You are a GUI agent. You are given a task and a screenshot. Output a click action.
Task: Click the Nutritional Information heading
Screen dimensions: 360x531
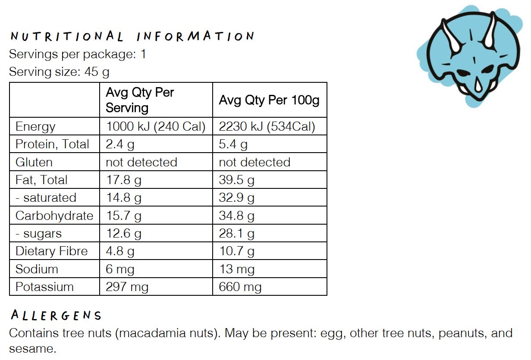132,36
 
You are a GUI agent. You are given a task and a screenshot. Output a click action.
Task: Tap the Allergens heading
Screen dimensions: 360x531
56,316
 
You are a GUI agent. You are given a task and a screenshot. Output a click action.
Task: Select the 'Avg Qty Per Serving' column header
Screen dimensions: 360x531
140,100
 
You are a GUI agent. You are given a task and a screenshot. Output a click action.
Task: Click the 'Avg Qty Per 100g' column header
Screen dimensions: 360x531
269,100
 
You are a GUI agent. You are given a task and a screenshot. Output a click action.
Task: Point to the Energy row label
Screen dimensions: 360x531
35,127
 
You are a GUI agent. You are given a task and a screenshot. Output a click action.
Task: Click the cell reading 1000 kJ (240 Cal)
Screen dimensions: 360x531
155,127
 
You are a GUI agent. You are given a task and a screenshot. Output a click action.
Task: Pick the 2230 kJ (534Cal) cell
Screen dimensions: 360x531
267,127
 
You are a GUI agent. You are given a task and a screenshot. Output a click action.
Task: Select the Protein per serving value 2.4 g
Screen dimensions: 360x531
120,144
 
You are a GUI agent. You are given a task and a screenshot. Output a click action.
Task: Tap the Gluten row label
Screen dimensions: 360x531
34,163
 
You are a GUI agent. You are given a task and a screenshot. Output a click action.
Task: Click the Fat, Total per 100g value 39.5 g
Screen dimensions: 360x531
236,180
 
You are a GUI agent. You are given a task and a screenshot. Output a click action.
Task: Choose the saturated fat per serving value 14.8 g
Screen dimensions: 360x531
123,198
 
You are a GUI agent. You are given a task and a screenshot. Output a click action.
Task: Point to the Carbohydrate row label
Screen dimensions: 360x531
54,216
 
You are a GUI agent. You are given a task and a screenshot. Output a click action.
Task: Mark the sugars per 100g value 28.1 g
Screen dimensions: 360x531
236,234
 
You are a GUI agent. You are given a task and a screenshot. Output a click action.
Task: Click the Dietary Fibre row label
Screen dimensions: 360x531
51,251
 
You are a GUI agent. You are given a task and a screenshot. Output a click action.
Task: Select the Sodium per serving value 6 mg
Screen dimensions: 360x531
120,269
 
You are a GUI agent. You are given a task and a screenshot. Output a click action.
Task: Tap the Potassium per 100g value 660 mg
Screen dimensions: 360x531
240,287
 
